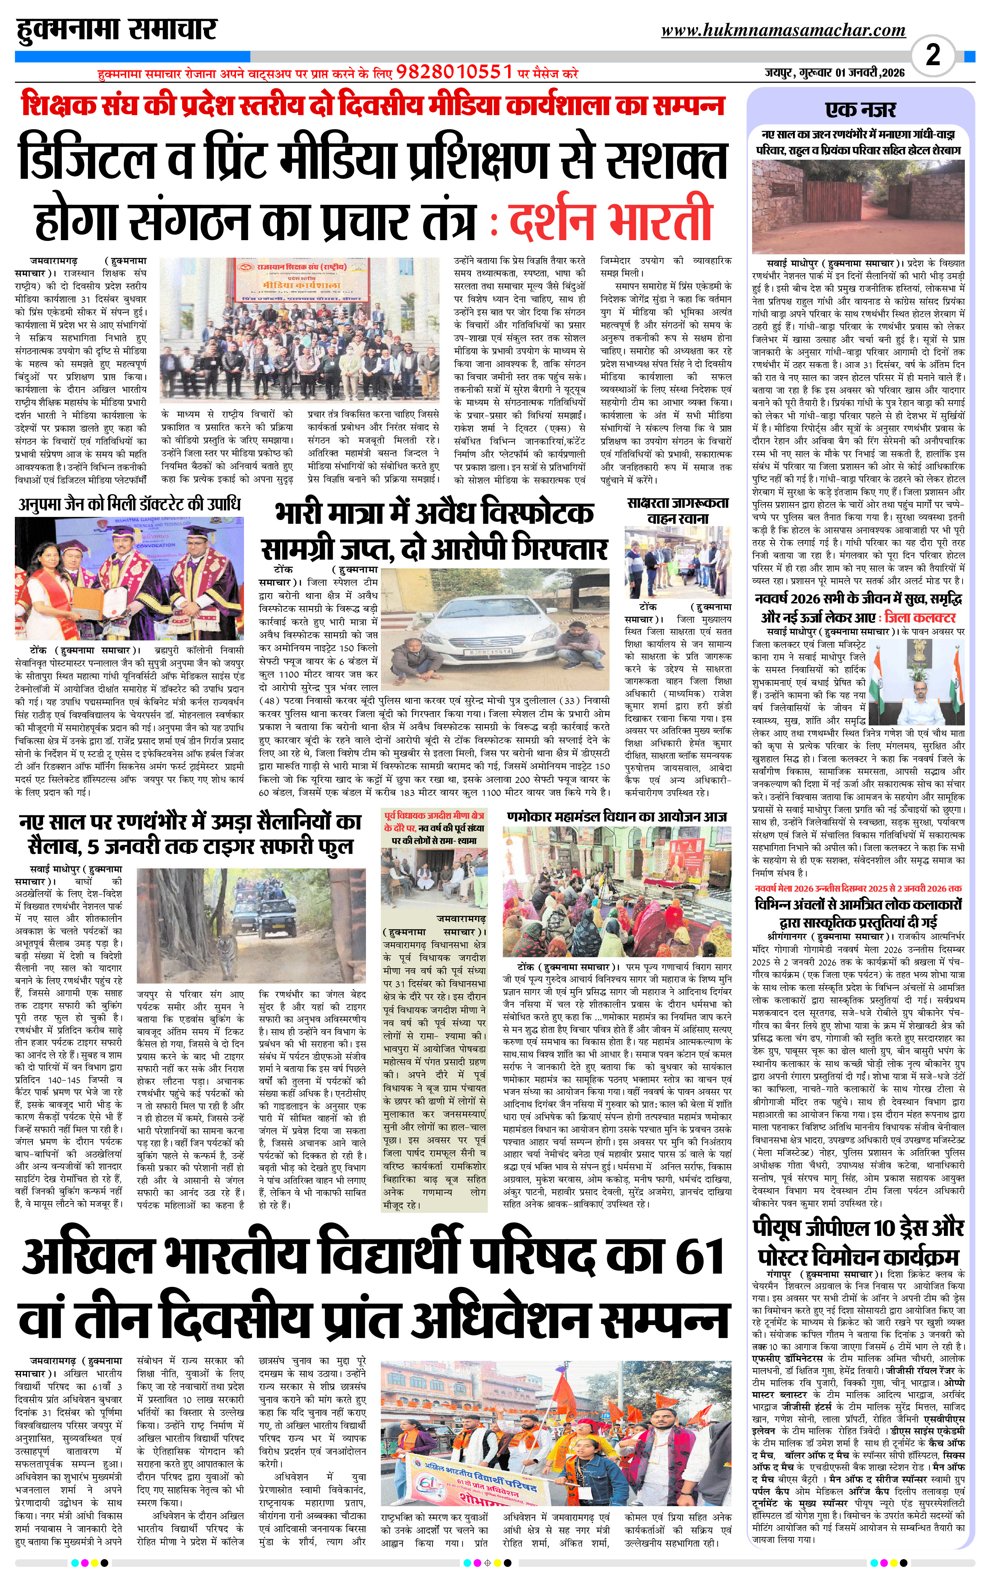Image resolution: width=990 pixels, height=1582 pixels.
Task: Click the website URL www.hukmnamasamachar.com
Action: pos(783,30)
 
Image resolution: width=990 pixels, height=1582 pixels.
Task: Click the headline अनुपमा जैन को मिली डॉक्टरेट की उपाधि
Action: pos(130,504)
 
